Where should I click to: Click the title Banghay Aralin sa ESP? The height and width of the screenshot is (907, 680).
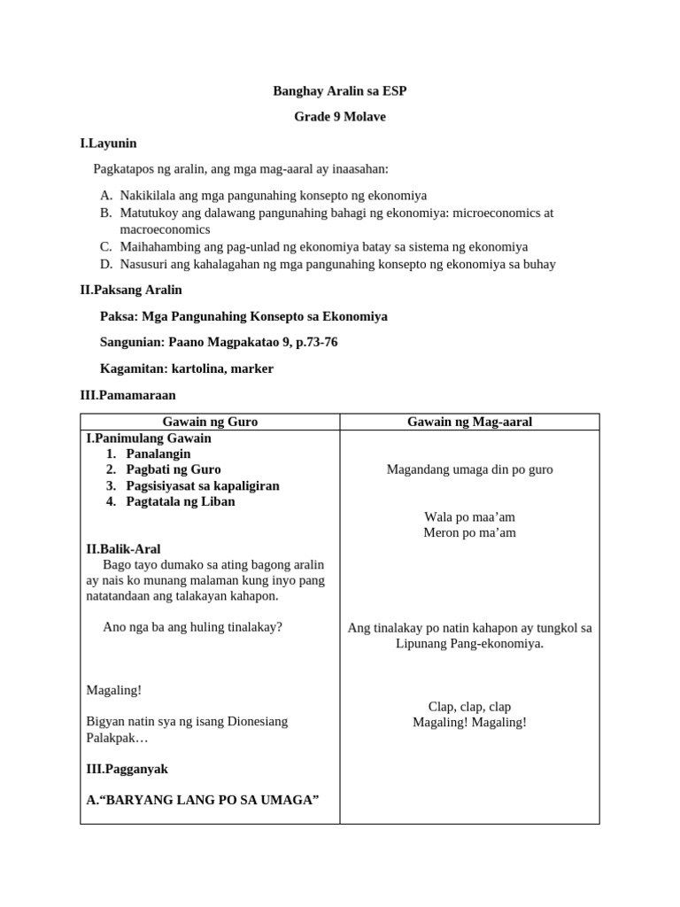point(340,91)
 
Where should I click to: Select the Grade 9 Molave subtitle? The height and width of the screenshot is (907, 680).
point(340,117)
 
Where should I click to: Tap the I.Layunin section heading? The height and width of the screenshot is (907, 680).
point(108,143)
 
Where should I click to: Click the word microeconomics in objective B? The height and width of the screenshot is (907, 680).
point(493,213)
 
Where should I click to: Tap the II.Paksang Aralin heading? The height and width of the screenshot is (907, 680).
point(131,290)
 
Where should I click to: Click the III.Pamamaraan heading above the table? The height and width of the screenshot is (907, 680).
point(127,395)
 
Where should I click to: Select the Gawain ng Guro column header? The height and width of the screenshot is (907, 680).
point(211,422)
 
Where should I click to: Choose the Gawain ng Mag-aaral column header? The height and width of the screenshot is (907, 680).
point(469,422)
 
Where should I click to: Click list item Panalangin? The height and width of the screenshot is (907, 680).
point(158,453)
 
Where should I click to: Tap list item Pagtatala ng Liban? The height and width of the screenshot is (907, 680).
point(181,501)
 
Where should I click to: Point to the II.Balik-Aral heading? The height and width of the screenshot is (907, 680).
point(123,549)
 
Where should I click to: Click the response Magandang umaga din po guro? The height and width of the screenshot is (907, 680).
point(469,469)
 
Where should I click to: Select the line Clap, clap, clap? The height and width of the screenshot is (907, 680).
point(469,707)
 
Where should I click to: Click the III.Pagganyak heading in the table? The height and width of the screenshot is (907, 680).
point(127,769)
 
